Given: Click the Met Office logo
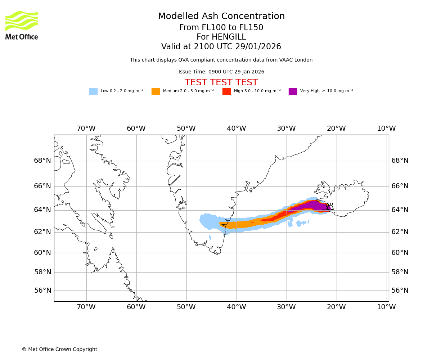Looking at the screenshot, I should (22, 25).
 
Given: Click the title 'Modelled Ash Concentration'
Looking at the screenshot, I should (221, 17).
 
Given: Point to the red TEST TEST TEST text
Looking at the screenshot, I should (221, 83).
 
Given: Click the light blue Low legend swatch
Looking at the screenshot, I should (93, 91).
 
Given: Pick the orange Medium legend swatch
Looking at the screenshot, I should (156, 91).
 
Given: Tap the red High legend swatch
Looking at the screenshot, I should (226, 91).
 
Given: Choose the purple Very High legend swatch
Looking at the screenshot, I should (293, 91).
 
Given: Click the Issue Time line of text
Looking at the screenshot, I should (221, 72).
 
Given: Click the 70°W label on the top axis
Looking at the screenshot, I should (86, 129).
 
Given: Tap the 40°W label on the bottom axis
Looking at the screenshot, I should (236, 307).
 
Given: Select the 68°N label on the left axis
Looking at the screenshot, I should (42, 161).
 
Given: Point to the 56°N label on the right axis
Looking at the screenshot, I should (400, 291).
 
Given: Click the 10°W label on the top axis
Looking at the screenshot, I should (386, 129).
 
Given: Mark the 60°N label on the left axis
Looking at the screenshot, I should (42, 253).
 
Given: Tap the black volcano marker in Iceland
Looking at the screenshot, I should (329, 207).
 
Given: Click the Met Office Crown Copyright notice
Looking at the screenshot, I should (59, 350).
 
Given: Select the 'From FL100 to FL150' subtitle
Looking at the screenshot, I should (221, 28).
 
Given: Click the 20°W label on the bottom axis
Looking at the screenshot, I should (336, 307).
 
